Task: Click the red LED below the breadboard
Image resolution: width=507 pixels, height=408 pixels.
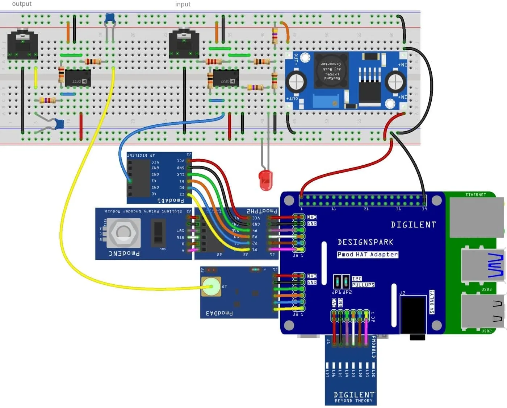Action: (265, 180)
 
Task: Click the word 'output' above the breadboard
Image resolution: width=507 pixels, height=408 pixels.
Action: (22, 4)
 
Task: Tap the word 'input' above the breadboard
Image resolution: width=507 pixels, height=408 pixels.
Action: (183, 4)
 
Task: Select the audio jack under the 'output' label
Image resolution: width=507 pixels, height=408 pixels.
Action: (22, 45)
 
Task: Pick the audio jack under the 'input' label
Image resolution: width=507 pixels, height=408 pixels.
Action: (184, 44)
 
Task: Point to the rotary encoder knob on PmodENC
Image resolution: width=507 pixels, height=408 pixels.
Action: (123, 232)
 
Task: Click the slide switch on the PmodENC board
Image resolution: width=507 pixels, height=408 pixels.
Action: (158, 232)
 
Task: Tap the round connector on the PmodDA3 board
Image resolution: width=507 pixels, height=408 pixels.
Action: (211, 287)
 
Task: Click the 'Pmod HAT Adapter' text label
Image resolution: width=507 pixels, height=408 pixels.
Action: (367, 255)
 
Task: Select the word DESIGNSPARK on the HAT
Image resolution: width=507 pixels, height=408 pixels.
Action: (365, 242)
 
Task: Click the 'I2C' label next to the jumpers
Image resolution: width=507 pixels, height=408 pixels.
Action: (357, 279)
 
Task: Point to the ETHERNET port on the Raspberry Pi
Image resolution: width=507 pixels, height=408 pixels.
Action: (476, 217)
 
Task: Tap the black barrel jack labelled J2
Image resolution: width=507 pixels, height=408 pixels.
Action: (413, 314)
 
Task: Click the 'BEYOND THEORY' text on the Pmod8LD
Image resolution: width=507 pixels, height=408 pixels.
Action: (353, 401)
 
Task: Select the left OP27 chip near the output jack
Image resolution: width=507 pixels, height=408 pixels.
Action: (77, 78)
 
